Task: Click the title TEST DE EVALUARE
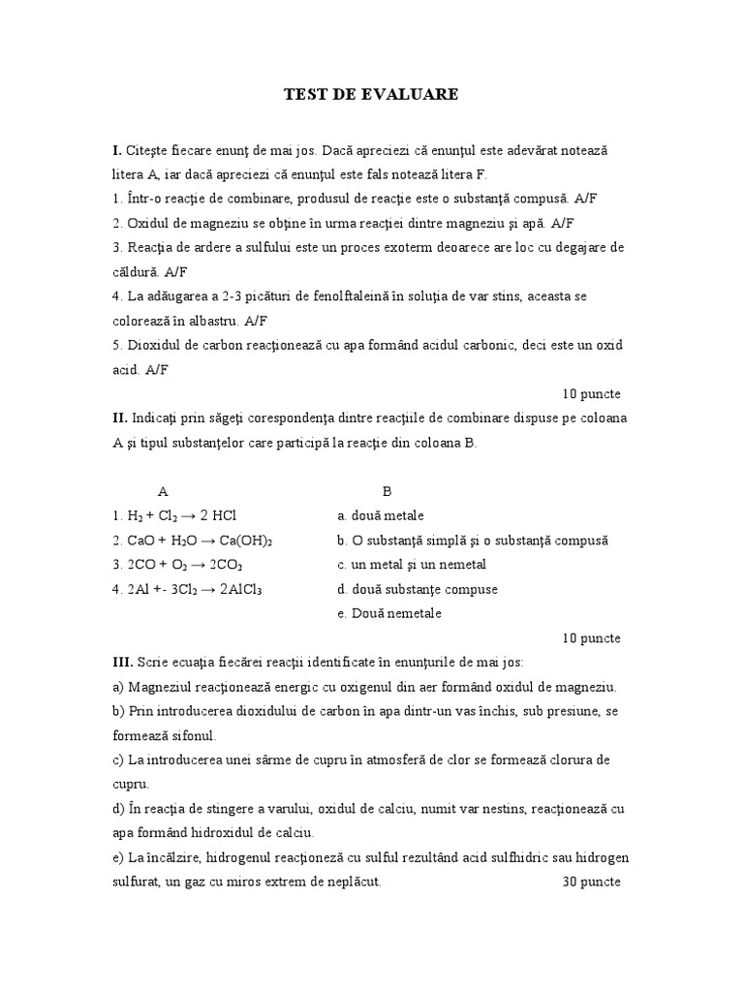click(371, 94)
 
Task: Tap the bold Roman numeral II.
click(119, 418)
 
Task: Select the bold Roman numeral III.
click(122, 662)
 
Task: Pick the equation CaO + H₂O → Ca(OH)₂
click(192, 541)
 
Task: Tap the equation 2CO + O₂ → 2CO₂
click(177, 565)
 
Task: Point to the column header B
click(387, 491)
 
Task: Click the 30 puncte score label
click(591, 883)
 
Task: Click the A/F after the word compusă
click(585, 199)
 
